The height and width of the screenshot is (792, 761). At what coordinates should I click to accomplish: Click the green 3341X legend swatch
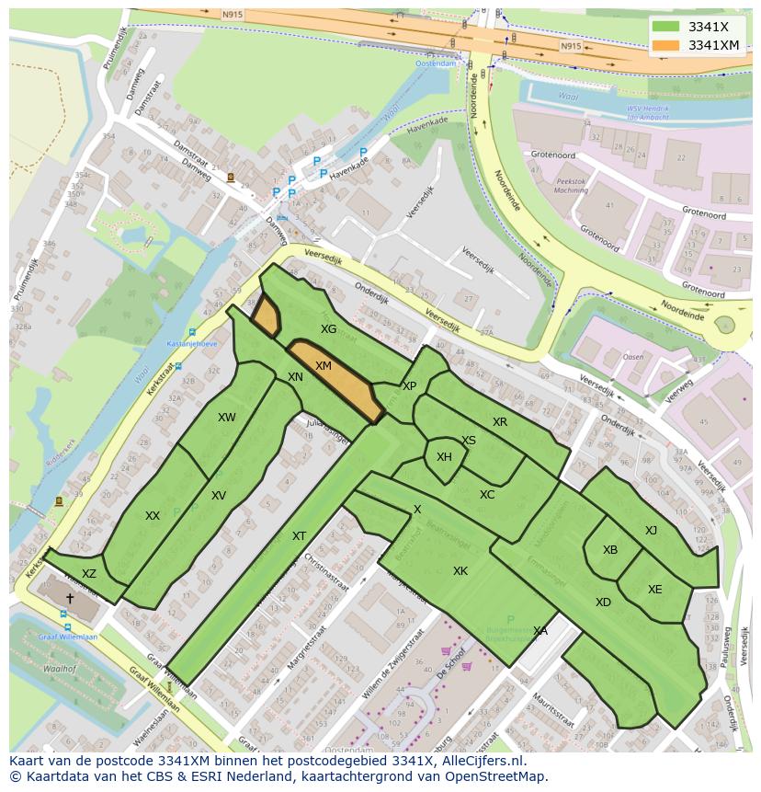click(666, 27)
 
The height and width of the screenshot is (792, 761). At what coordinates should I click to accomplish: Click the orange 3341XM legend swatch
click(666, 45)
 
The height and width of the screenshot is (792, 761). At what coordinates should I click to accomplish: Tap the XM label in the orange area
click(324, 366)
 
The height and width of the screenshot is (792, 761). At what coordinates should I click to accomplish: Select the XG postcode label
click(328, 328)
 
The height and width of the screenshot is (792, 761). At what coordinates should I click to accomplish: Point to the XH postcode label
click(444, 457)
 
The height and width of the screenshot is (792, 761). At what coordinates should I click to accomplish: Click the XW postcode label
click(227, 418)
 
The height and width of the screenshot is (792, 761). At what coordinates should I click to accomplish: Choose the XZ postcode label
click(89, 574)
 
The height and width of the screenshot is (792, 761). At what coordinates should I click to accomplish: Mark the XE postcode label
click(654, 590)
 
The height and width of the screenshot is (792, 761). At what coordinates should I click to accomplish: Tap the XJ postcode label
click(651, 530)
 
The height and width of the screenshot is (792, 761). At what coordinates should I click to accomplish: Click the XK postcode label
click(460, 571)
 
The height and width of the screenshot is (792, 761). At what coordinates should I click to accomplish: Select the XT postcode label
click(299, 536)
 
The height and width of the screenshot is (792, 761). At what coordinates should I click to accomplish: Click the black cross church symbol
click(70, 597)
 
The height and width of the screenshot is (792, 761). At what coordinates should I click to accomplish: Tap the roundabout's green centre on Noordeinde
click(725, 324)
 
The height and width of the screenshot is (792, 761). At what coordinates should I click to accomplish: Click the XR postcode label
click(499, 422)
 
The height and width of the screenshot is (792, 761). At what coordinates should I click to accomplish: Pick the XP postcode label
click(409, 386)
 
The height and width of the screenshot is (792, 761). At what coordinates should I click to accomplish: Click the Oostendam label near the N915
click(435, 63)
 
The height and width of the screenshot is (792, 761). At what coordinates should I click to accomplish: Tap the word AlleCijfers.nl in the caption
click(479, 761)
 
